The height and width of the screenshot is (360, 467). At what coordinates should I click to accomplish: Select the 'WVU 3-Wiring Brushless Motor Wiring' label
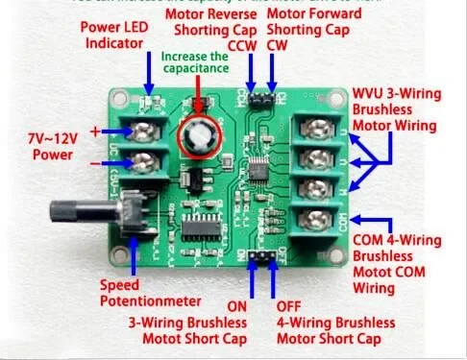point(406,108)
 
